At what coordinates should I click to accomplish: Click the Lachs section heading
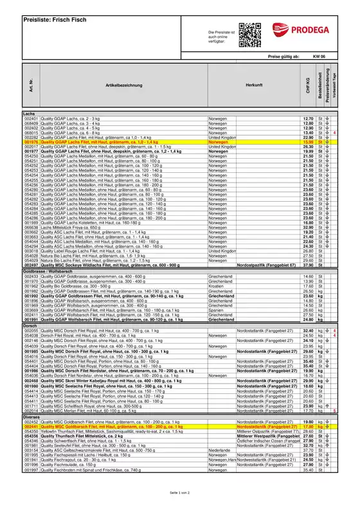[x=30, y=114]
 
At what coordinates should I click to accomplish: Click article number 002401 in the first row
[x=32, y=119]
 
